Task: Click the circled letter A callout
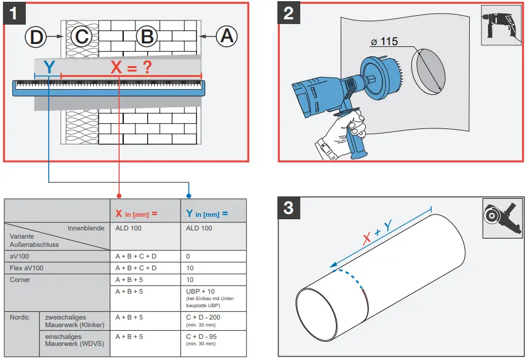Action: pyautogui.click(x=226, y=36)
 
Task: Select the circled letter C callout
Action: pyautogui.click(x=82, y=37)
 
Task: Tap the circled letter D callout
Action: pyautogui.click(x=36, y=38)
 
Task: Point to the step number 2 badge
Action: pyautogui.click(x=289, y=13)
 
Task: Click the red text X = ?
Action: pyautogui.click(x=131, y=67)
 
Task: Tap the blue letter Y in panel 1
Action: pyautogui.click(x=49, y=68)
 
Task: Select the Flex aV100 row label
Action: pyautogui.click(x=27, y=268)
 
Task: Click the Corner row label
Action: pyautogui.click(x=20, y=280)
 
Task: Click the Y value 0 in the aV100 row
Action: pyautogui.click(x=188, y=256)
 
